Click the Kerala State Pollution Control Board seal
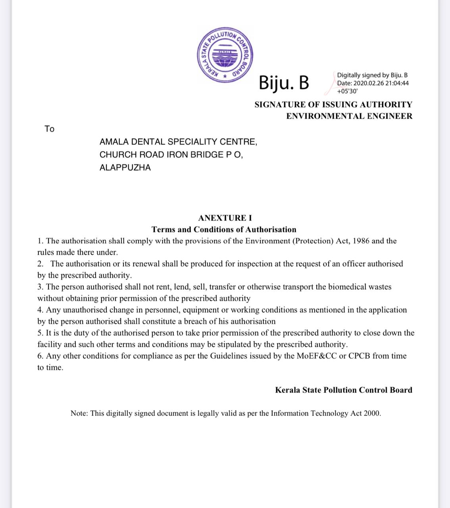[225, 55]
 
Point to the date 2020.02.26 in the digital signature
[368, 83]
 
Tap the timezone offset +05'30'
[347, 91]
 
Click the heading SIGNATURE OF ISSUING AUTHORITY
[333, 105]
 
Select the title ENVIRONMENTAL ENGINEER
[349, 116]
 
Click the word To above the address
[49, 129]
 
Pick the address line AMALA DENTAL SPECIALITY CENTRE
[178, 142]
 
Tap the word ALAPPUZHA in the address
[125, 167]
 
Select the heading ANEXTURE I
[225, 218]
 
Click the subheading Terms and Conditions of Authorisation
[224, 229]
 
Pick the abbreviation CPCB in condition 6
[359, 356]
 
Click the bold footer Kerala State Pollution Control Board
[344, 390]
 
